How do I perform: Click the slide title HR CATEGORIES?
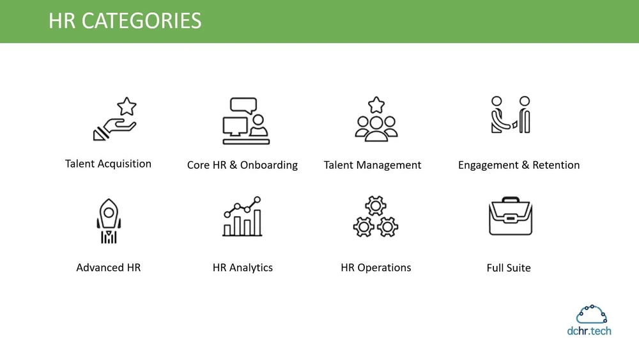[x=125, y=20]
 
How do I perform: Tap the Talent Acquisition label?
[x=108, y=164]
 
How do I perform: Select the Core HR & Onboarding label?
[x=242, y=165]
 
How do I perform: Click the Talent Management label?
[x=373, y=165]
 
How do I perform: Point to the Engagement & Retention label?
[x=519, y=165]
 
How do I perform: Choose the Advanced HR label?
[x=108, y=268]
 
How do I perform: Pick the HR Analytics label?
[x=242, y=268]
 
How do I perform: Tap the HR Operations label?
[x=376, y=268]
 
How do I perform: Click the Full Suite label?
[x=509, y=268]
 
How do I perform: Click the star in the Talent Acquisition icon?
[x=127, y=106]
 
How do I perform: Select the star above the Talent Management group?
[x=376, y=104]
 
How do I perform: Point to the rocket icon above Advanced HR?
[x=109, y=221]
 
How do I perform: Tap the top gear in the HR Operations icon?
[x=376, y=206]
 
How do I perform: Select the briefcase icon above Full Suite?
[x=510, y=217]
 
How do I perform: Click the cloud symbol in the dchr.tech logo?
[x=591, y=315]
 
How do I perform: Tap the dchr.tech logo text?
[x=589, y=331]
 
